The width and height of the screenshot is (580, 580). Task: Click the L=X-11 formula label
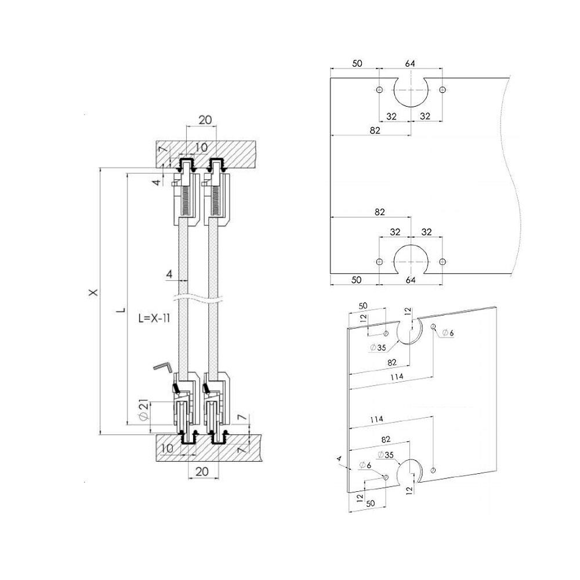(154, 318)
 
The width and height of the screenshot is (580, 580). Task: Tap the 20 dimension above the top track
(205, 120)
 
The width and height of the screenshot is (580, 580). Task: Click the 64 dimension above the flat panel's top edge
(411, 63)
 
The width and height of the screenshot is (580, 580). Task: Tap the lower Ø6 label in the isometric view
(365, 465)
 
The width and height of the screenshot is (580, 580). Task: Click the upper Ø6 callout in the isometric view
(448, 332)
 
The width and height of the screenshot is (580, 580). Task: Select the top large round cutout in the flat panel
(411, 90)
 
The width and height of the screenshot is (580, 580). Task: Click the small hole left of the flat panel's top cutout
(379, 90)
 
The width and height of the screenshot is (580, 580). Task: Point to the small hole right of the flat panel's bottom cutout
(443, 262)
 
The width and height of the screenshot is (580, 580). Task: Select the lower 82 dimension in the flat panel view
(379, 212)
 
